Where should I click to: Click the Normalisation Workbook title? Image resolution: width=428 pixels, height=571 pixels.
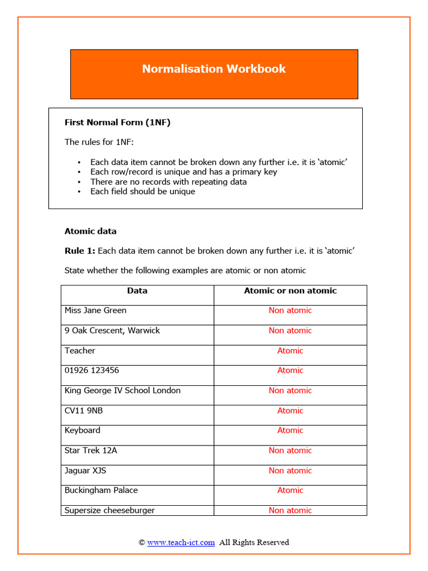click(x=213, y=69)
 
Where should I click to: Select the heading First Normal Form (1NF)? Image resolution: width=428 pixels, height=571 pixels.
click(x=118, y=123)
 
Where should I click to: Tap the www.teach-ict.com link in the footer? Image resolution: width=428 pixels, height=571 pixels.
click(x=181, y=542)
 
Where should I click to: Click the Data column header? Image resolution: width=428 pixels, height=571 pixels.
click(x=137, y=291)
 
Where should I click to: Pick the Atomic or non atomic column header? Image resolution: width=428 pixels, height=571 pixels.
click(x=290, y=291)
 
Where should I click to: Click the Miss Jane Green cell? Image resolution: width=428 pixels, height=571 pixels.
click(x=95, y=311)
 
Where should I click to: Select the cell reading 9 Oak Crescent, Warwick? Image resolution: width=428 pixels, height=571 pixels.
click(x=112, y=331)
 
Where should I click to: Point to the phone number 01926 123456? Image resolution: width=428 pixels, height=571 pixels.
click(x=91, y=370)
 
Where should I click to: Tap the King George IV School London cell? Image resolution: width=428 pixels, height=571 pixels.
click(x=123, y=390)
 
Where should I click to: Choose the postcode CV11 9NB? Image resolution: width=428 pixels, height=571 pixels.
click(x=84, y=410)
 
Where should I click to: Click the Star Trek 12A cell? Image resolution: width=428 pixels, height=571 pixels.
click(x=91, y=451)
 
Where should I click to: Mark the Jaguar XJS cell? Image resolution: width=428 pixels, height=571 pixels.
click(x=85, y=471)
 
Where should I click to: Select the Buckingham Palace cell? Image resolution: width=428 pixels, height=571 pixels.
click(x=101, y=490)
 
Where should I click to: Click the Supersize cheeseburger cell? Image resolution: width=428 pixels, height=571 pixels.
click(x=109, y=510)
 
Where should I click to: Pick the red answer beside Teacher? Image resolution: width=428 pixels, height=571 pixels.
click(x=290, y=351)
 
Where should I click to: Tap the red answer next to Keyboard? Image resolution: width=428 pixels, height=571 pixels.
click(x=290, y=430)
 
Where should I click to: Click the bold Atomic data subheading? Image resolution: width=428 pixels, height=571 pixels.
click(x=90, y=231)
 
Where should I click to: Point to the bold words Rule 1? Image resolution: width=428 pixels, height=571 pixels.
click(x=80, y=251)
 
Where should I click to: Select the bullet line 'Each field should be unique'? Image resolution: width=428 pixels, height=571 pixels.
click(x=143, y=191)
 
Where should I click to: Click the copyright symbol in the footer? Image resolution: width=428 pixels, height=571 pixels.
click(x=142, y=542)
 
